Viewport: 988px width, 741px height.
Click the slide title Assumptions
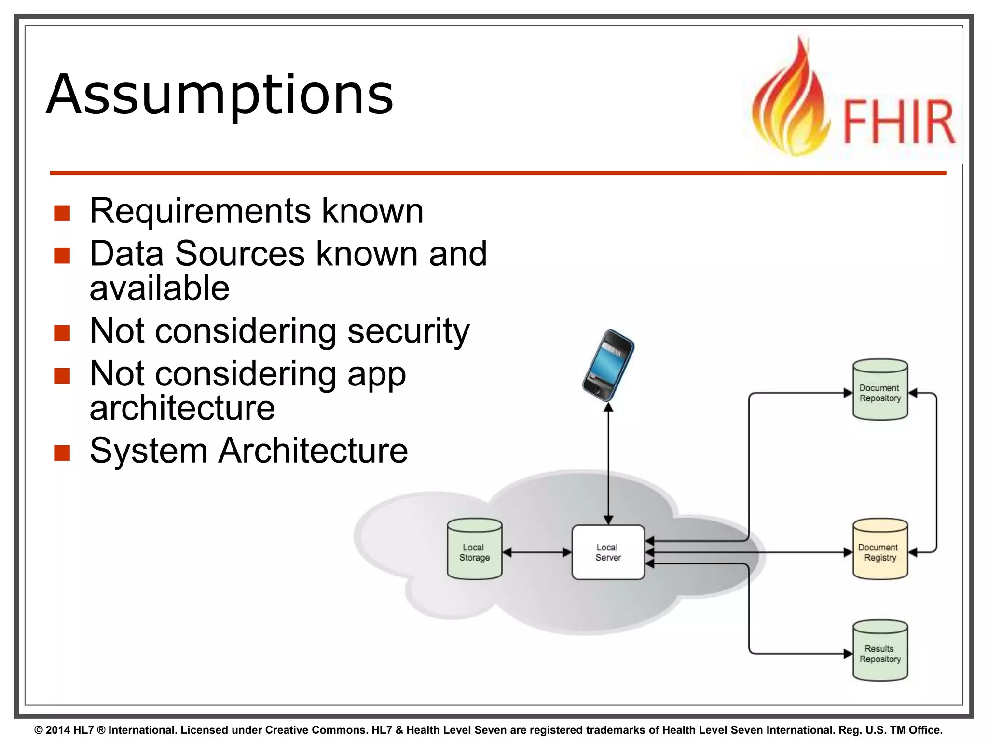tap(220, 95)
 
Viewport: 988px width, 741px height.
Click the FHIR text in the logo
tap(898, 122)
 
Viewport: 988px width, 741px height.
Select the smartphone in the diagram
tap(608, 365)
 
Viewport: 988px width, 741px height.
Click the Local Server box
tap(608, 552)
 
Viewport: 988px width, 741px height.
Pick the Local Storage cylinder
tap(474, 550)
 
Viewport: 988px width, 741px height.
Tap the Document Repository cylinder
tap(880, 390)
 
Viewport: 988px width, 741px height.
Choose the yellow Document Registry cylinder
tap(880, 550)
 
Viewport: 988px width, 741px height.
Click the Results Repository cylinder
tap(880, 651)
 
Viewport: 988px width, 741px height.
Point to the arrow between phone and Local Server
tap(608, 463)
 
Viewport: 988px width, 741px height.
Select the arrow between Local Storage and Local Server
tap(536, 552)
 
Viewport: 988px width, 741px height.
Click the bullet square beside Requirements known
tap(62, 213)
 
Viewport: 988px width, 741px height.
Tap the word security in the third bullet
tap(408, 331)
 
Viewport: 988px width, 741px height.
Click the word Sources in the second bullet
tap(240, 254)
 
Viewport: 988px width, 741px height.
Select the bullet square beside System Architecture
tap(62, 453)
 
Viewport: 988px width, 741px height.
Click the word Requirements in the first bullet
tap(200, 211)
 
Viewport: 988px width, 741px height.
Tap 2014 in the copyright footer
tap(57, 730)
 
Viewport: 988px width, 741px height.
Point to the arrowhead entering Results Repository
tap(848, 654)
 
